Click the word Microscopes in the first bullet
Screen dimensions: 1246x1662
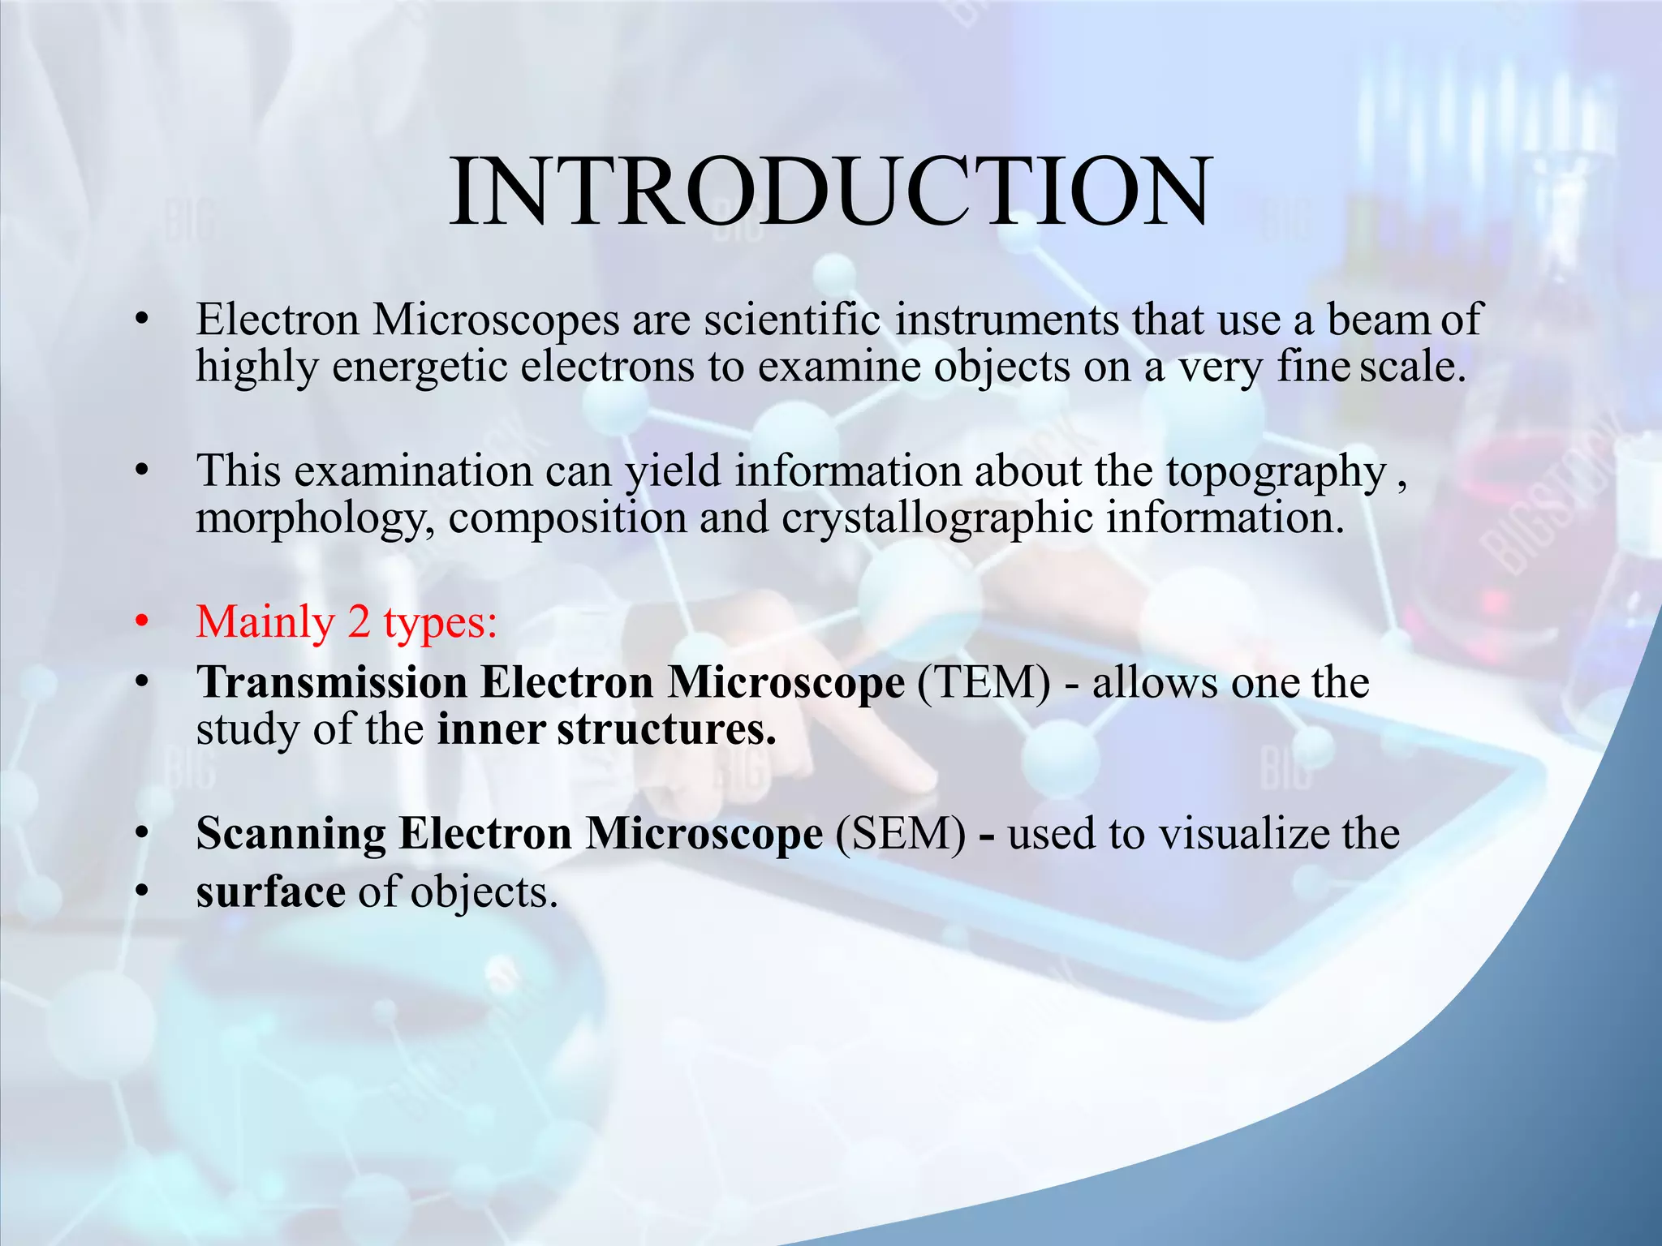pos(496,320)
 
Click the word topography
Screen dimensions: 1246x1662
pos(1276,472)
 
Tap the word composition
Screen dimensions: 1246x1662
pos(567,519)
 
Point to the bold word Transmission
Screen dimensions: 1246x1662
pos(331,682)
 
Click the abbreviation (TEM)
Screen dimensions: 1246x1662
pos(984,682)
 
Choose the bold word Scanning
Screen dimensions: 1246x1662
pos(291,834)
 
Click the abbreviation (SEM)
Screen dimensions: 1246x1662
pos(901,834)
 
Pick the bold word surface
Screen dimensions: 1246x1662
pos(271,892)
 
